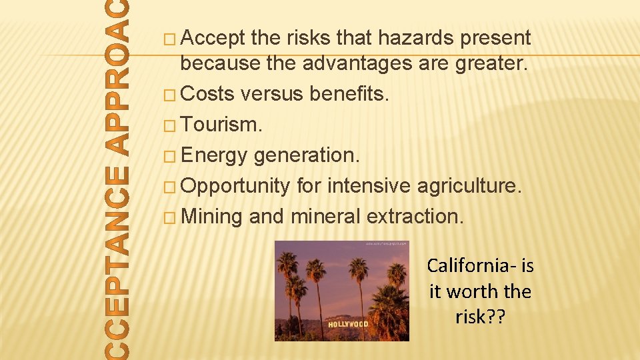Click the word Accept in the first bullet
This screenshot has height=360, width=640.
tap(213, 39)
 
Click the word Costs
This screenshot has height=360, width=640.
tap(207, 93)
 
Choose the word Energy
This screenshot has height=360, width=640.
tap(214, 155)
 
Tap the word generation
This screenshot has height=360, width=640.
tap(307, 155)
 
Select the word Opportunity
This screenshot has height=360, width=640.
tap(235, 186)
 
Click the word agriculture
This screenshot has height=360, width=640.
tap(468, 185)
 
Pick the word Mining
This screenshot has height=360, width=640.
tap(211, 216)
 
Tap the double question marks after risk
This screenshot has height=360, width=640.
tap(497, 317)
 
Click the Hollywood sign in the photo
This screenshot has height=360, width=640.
tap(347, 324)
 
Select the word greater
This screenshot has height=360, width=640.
tap(491, 65)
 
